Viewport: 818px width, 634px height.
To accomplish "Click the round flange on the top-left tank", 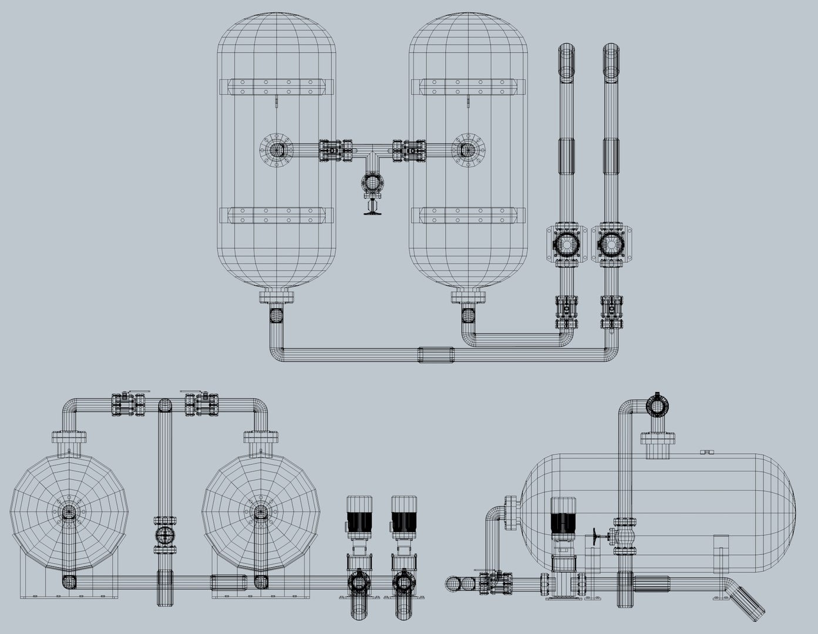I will click(x=275, y=150).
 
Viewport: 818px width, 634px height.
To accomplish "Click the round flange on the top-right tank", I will click(x=468, y=150).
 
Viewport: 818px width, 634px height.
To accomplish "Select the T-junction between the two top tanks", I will click(x=372, y=155).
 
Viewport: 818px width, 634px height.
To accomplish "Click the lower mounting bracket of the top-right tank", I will click(x=468, y=215).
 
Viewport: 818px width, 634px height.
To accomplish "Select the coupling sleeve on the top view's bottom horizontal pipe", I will click(x=436, y=354).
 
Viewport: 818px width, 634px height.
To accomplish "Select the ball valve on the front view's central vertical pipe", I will click(x=165, y=535).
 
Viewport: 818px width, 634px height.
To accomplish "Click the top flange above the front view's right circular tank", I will click(x=260, y=437).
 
